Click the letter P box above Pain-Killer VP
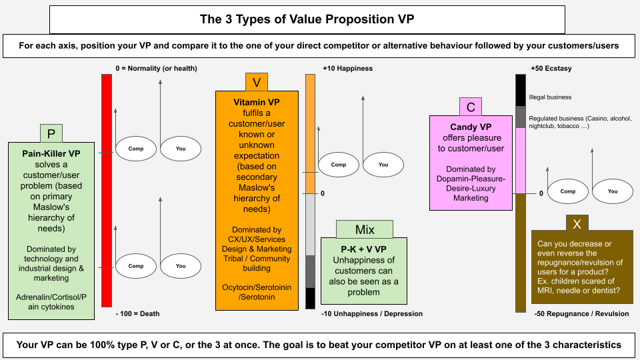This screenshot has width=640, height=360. point(51,133)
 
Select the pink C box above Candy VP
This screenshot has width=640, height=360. point(471,107)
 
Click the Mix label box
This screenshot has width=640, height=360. point(365,229)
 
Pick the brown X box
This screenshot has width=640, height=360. point(577,223)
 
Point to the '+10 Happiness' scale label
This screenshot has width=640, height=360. point(347,69)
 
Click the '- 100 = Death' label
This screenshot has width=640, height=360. point(137,313)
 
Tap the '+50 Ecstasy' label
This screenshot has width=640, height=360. point(551,69)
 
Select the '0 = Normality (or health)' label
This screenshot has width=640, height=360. point(156,69)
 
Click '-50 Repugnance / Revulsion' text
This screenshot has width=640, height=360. point(581,313)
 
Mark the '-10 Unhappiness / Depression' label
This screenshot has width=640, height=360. point(372,313)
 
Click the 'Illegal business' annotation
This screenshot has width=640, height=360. point(550,97)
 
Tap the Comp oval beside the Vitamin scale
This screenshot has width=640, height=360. point(339,165)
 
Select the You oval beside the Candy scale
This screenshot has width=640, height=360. point(613,191)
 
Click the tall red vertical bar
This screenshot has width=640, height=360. point(107,190)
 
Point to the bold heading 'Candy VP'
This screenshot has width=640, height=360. point(471,127)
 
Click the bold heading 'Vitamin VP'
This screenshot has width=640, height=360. point(257,103)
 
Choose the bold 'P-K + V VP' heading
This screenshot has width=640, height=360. point(364,248)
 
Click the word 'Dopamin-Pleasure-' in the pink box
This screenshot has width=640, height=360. point(471,179)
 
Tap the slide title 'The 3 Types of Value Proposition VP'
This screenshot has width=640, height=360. point(307,19)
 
